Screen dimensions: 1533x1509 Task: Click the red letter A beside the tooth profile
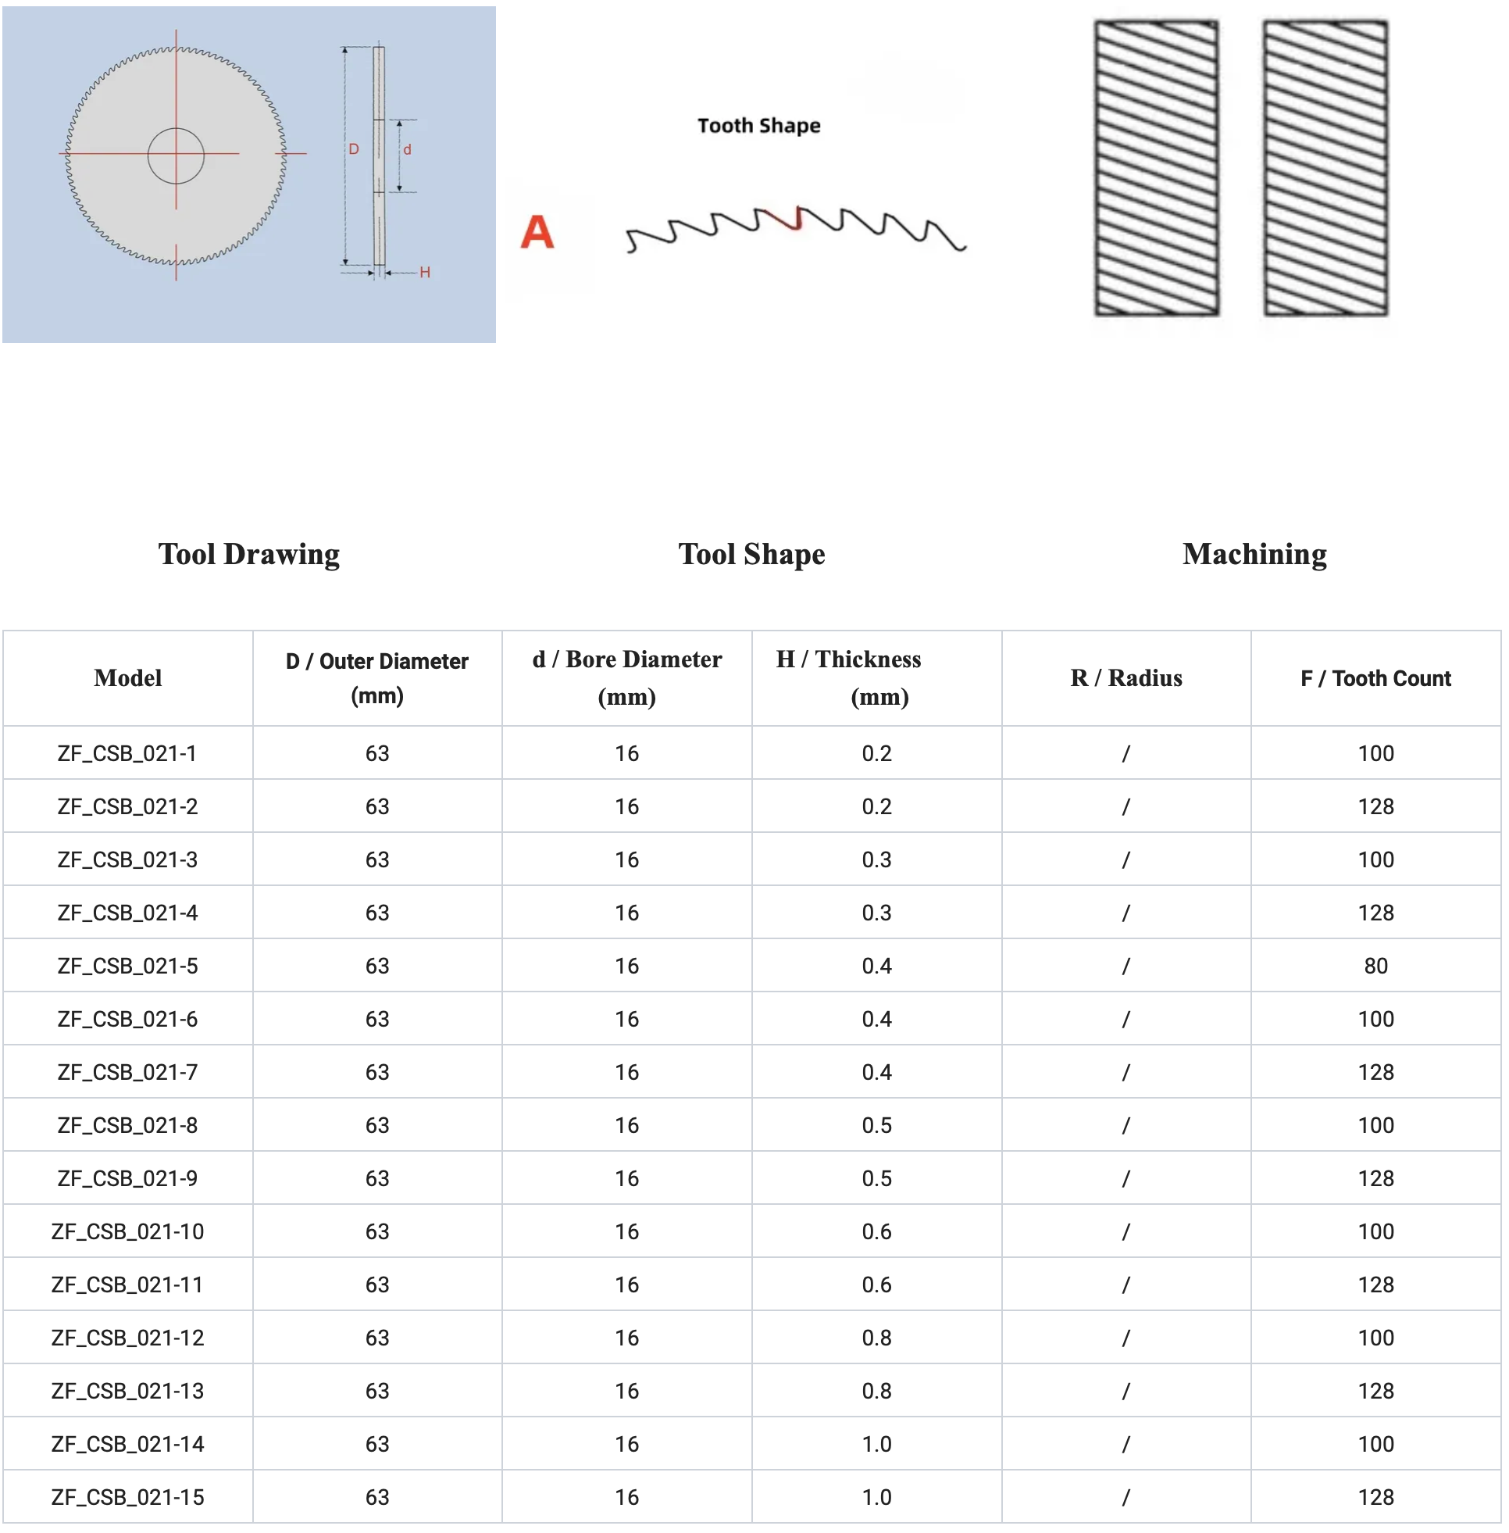click(x=537, y=232)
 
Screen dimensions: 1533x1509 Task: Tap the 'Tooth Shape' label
click(x=758, y=125)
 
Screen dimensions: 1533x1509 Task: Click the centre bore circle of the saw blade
click(x=176, y=155)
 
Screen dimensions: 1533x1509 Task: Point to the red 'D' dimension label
click(x=354, y=149)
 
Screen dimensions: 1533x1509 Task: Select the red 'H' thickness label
click(x=425, y=273)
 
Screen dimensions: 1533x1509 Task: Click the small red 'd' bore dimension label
click(x=408, y=150)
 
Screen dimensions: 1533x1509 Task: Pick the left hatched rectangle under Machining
click(x=1156, y=168)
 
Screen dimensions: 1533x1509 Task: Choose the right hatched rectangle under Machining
click(x=1325, y=168)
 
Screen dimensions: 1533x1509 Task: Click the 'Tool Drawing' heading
click(x=249, y=554)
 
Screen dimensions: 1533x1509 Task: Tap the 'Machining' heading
click(x=1254, y=554)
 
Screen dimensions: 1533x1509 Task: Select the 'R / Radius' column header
click(x=1126, y=678)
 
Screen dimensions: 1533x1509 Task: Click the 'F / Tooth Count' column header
click(x=1375, y=678)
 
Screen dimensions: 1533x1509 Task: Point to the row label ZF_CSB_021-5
click(x=127, y=966)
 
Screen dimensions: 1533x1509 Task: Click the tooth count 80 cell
click(x=1375, y=966)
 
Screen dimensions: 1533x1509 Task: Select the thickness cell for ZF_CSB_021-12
click(x=876, y=1338)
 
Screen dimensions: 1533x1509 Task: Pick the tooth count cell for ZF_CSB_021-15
click(x=1375, y=1497)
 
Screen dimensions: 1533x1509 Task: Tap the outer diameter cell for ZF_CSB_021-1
click(x=377, y=753)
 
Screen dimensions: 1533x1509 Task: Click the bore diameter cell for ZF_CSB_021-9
click(x=627, y=1179)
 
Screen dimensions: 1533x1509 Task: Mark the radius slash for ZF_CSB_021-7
click(x=1126, y=1073)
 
